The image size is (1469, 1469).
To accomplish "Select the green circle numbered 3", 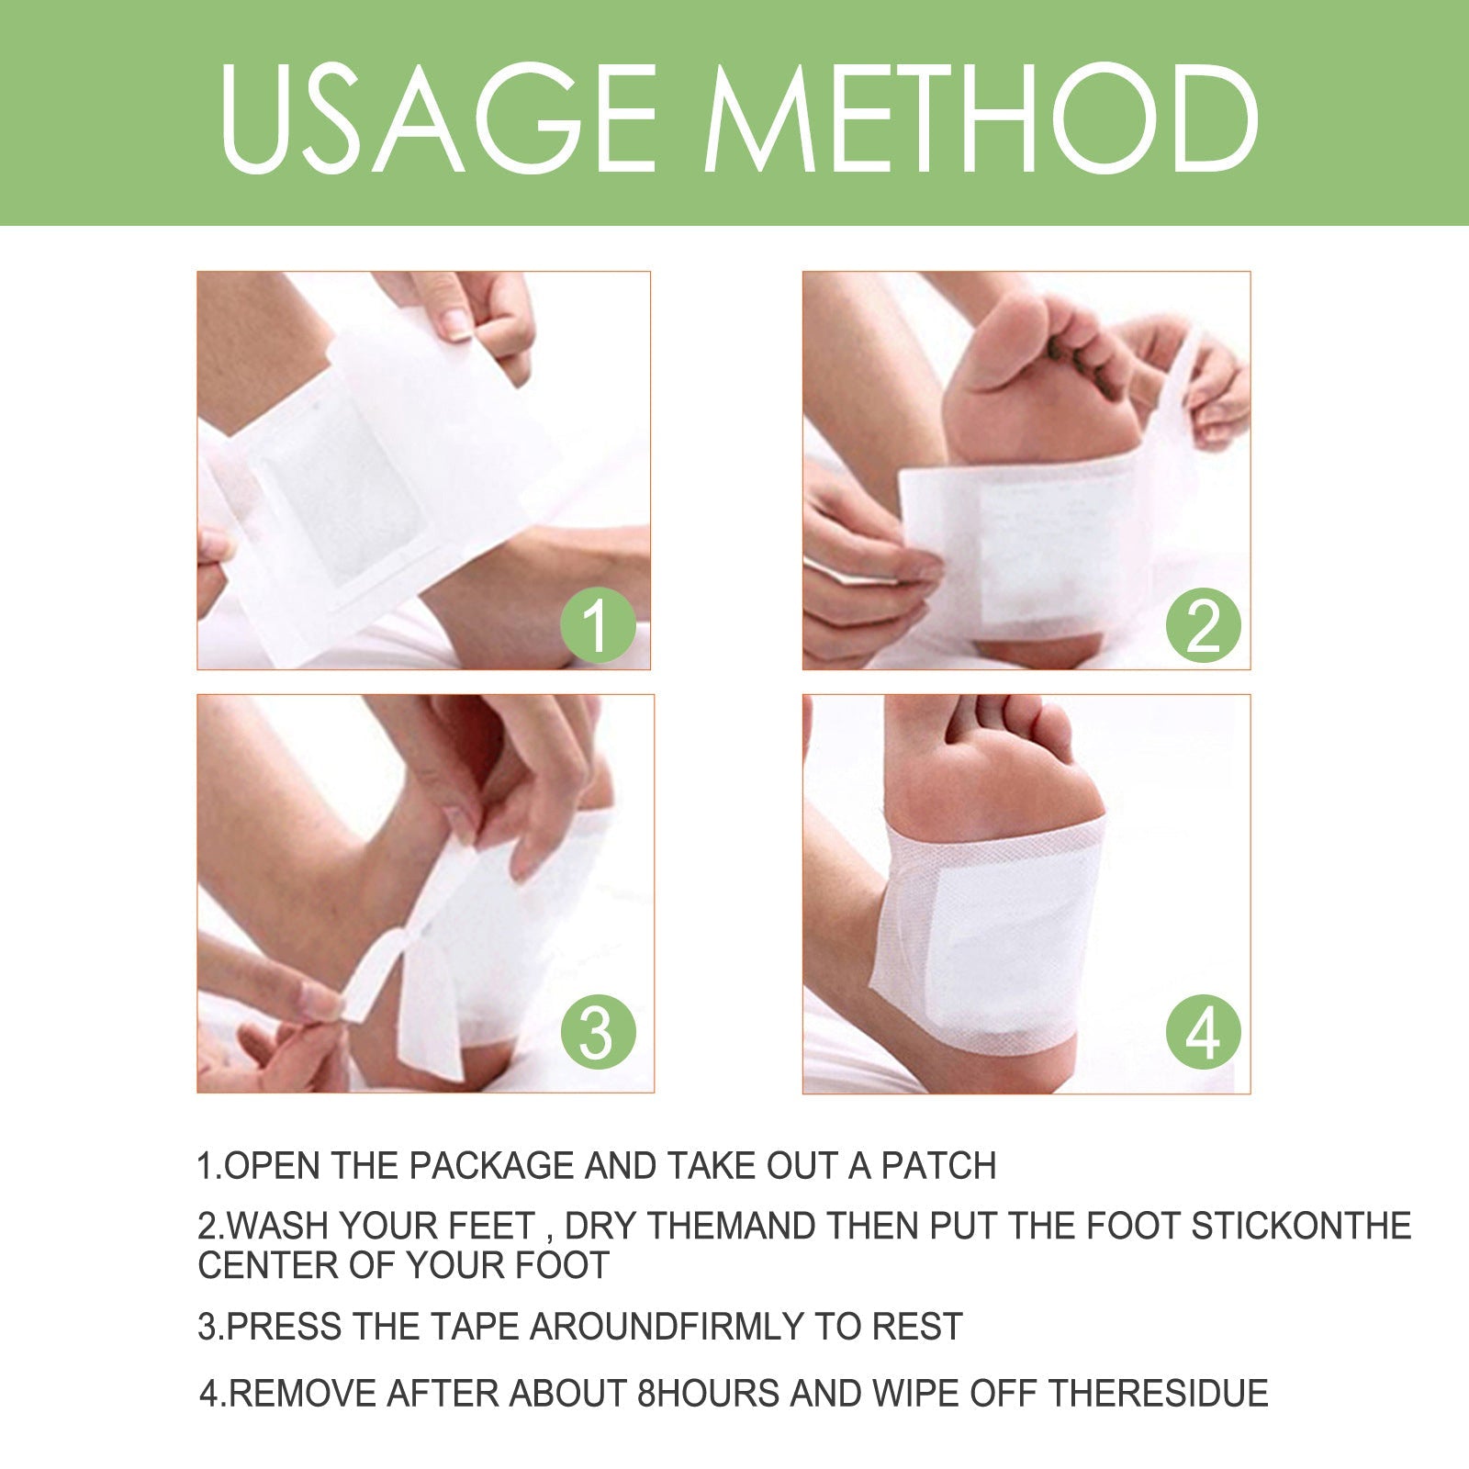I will pyautogui.click(x=598, y=1031).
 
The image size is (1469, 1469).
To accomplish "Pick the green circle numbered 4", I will pyautogui.click(x=1204, y=1031).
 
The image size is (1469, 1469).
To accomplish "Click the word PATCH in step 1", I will pyautogui.click(x=938, y=1165).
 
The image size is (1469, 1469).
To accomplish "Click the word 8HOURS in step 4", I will pyautogui.click(x=708, y=1393).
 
